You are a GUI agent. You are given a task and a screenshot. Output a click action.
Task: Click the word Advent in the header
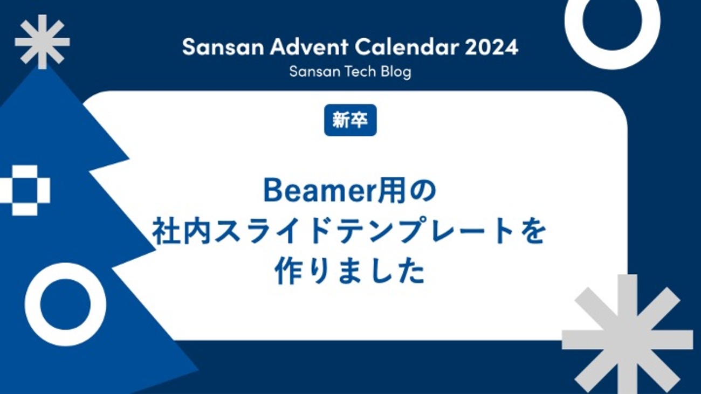309,47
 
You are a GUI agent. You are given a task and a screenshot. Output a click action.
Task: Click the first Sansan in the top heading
223,47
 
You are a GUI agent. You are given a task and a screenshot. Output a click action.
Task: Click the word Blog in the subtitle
396,72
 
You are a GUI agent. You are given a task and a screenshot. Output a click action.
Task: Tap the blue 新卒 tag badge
350,120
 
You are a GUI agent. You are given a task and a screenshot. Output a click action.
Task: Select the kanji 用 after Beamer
389,191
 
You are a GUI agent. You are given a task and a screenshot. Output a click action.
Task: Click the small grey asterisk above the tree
42,42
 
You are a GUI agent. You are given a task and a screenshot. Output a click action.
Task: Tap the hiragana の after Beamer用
421,191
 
